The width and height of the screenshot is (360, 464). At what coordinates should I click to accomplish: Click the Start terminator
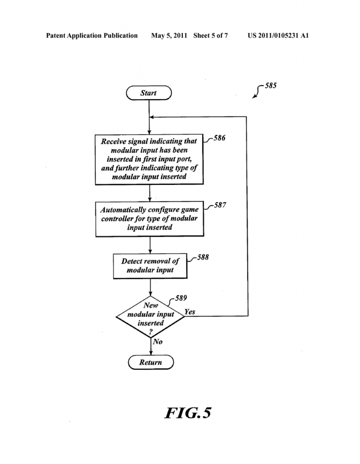click(149, 93)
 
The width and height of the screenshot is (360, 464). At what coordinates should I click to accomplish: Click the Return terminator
click(150, 362)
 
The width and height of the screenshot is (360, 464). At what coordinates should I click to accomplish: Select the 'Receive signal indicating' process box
click(149, 159)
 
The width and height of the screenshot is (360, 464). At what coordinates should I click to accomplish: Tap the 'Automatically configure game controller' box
click(149, 219)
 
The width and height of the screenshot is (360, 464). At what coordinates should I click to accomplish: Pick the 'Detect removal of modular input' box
click(150, 266)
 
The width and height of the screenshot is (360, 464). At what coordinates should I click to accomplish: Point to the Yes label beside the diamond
click(190, 312)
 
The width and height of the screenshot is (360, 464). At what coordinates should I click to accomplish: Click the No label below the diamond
click(157, 342)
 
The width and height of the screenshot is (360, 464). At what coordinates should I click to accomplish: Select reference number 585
click(271, 85)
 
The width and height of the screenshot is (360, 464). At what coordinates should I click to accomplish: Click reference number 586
click(219, 138)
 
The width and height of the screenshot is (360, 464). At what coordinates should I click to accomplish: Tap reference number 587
click(220, 205)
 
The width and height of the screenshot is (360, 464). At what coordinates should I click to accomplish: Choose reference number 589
click(181, 298)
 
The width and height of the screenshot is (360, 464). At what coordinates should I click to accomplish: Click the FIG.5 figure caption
click(188, 413)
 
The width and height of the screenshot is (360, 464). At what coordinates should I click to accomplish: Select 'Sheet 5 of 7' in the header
click(210, 35)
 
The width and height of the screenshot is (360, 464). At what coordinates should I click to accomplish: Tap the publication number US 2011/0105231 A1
click(278, 35)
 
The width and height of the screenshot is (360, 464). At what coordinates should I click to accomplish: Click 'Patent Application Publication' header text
click(92, 35)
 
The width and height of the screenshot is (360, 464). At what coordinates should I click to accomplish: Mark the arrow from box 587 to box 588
click(150, 245)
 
